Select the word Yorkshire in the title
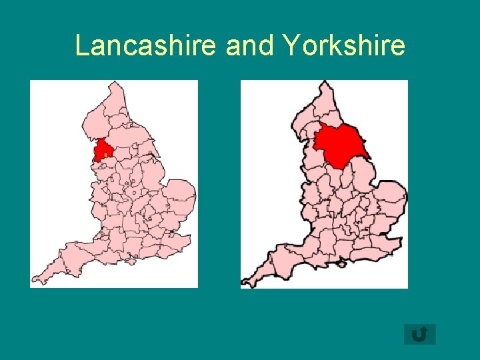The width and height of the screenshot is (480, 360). [344, 46]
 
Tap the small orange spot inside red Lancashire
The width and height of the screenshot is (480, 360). [105, 155]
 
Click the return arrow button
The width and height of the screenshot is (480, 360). [419, 334]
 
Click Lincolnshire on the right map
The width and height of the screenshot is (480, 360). [367, 180]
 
